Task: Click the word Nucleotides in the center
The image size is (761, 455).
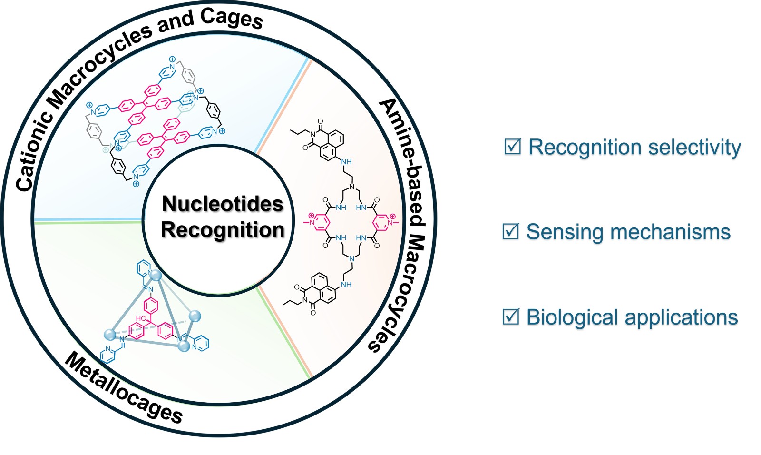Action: pyautogui.click(x=223, y=204)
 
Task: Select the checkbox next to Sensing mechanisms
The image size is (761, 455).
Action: pyautogui.click(x=511, y=231)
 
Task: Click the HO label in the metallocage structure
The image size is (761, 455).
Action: pyautogui.click(x=141, y=318)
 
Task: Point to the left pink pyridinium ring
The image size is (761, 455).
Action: pyautogui.click(x=320, y=223)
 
